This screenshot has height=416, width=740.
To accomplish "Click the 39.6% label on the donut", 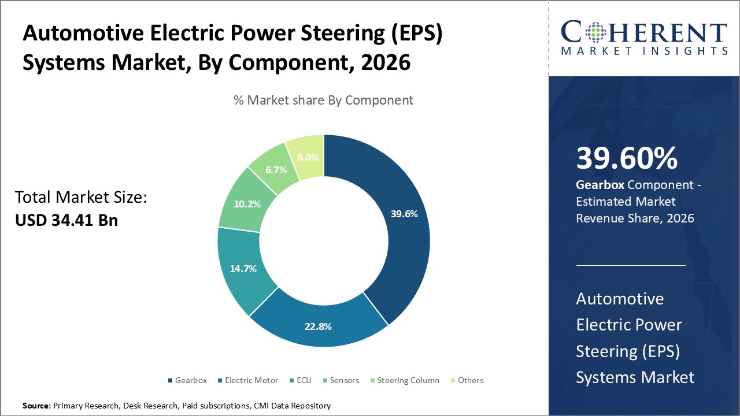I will click(x=404, y=214).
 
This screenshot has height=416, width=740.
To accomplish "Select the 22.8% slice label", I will click(x=318, y=326).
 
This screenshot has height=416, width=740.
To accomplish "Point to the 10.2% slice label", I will click(x=246, y=204).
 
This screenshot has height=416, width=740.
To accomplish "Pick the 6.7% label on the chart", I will click(x=275, y=169).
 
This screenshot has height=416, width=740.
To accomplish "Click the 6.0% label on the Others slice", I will click(x=308, y=157).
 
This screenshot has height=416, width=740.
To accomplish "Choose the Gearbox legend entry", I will click(x=187, y=380).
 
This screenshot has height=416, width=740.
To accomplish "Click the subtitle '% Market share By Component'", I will click(x=323, y=100).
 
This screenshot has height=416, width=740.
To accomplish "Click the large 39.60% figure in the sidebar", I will click(x=627, y=158).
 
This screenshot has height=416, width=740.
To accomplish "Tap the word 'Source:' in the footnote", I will click(x=36, y=406).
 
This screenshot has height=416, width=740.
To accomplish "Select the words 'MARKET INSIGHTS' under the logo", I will click(x=644, y=51).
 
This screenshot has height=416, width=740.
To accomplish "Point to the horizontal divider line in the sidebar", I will click(x=631, y=266).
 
